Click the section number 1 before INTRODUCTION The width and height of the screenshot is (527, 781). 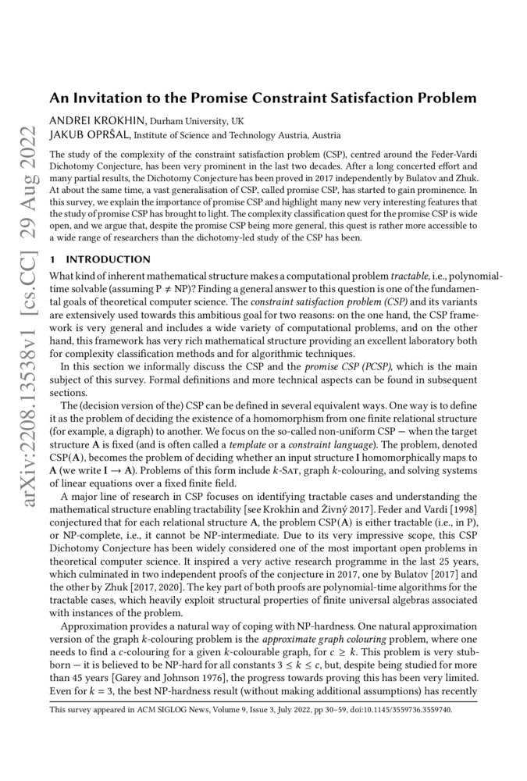pyautogui.click(x=52, y=259)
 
